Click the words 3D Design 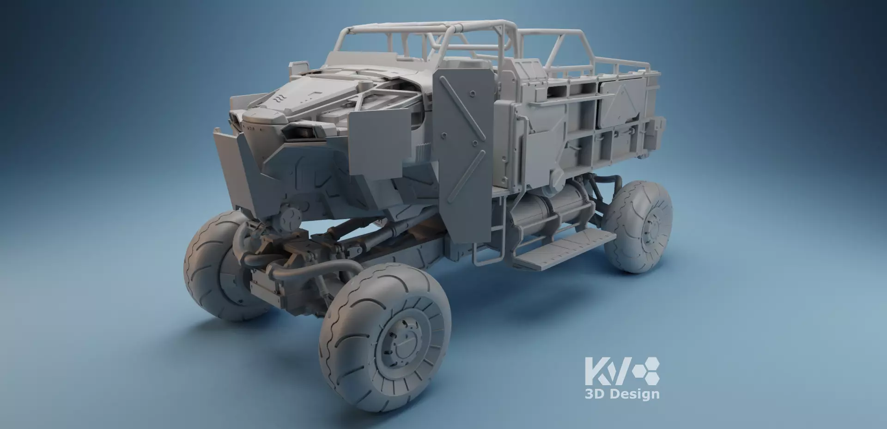click(x=622, y=394)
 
